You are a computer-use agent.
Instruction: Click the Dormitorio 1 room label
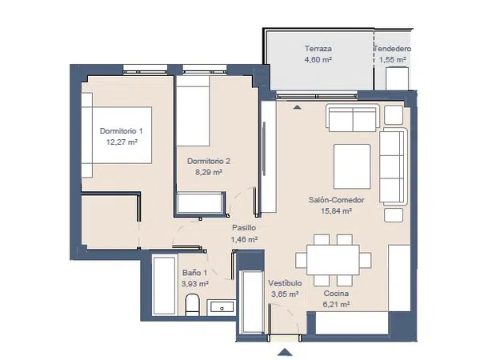coord(122,131)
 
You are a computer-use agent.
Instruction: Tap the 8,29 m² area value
coord(209,172)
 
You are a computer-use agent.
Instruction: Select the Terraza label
coord(318,48)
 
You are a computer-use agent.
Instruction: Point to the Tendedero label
coord(393,49)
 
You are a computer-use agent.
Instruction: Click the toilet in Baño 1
coord(193,305)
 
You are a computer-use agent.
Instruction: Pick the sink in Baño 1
coord(222,307)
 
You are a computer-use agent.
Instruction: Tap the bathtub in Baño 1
coord(165,286)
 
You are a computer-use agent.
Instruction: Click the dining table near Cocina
coord(333,259)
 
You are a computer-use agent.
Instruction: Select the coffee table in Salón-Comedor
coord(352,166)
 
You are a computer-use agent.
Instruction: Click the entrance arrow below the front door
coord(285,352)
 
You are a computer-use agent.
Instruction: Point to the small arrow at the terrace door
coord(297,107)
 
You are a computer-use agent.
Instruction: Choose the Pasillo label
coord(244,228)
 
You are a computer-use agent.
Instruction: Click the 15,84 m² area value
coord(336,211)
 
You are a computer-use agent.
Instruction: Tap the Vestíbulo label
coord(285,283)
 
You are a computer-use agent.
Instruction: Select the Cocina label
coord(336,294)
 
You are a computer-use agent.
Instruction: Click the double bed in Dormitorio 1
coord(117,135)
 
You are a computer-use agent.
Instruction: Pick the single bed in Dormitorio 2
coord(193,111)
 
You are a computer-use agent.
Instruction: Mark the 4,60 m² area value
coord(318,59)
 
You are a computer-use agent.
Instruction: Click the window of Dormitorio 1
coord(145,70)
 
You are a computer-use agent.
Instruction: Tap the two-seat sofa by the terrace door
coord(353,118)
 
